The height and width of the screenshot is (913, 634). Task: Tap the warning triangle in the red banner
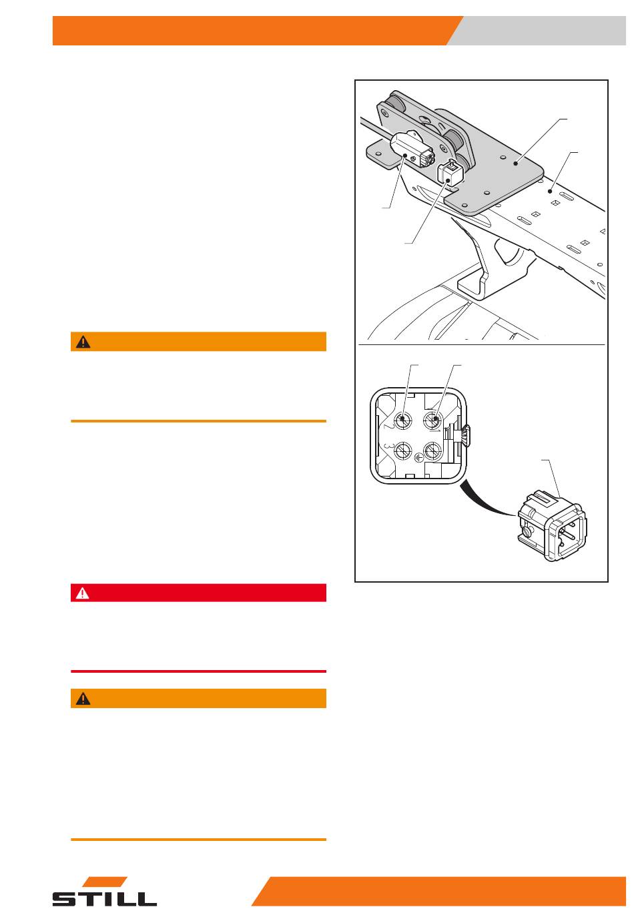(82, 593)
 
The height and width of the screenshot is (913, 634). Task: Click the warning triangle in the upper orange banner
(83, 342)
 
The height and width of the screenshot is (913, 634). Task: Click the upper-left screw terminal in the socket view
(402, 419)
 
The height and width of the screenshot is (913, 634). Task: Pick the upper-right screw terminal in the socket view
(432, 419)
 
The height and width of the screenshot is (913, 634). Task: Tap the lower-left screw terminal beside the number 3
(402, 450)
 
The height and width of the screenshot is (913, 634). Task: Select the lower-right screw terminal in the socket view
(432, 450)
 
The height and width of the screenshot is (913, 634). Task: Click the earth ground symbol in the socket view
(418, 458)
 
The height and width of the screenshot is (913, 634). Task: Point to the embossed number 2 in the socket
(388, 426)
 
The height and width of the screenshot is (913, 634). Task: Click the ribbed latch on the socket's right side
(466, 435)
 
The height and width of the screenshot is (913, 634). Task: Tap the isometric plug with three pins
(552, 526)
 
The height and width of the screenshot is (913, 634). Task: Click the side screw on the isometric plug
(529, 531)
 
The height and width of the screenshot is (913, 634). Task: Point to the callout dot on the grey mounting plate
(515, 164)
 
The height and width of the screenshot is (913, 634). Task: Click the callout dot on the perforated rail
(550, 191)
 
